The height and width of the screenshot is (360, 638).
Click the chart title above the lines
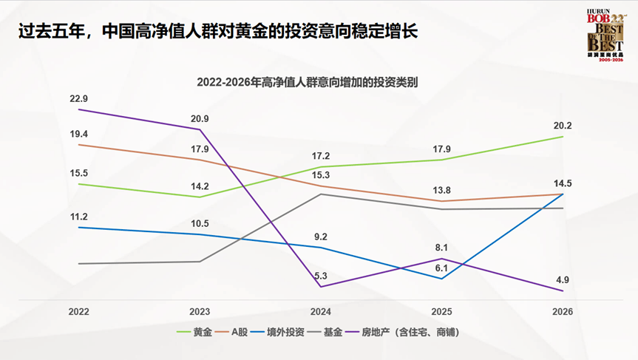point(307,83)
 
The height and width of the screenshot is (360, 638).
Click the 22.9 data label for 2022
point(78,98)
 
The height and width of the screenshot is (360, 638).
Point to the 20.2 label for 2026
point(563,126)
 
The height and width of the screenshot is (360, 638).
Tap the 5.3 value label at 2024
point(320,276)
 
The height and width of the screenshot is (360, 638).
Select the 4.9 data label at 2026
point(563,279)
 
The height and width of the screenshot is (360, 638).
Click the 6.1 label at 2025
point(441,268)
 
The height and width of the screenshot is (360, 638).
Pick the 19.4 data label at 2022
point(78,134)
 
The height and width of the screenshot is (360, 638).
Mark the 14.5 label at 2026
point(563,183)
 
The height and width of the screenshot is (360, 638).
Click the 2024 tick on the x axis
point(320,312)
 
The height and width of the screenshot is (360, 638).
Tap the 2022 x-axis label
point(78,312)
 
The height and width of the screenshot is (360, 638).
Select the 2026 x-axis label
point(563,312)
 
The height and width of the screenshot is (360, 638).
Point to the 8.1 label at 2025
point(441,248)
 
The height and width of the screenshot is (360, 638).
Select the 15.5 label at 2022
point(78,173)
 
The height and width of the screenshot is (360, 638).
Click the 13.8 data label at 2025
point(441,190)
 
